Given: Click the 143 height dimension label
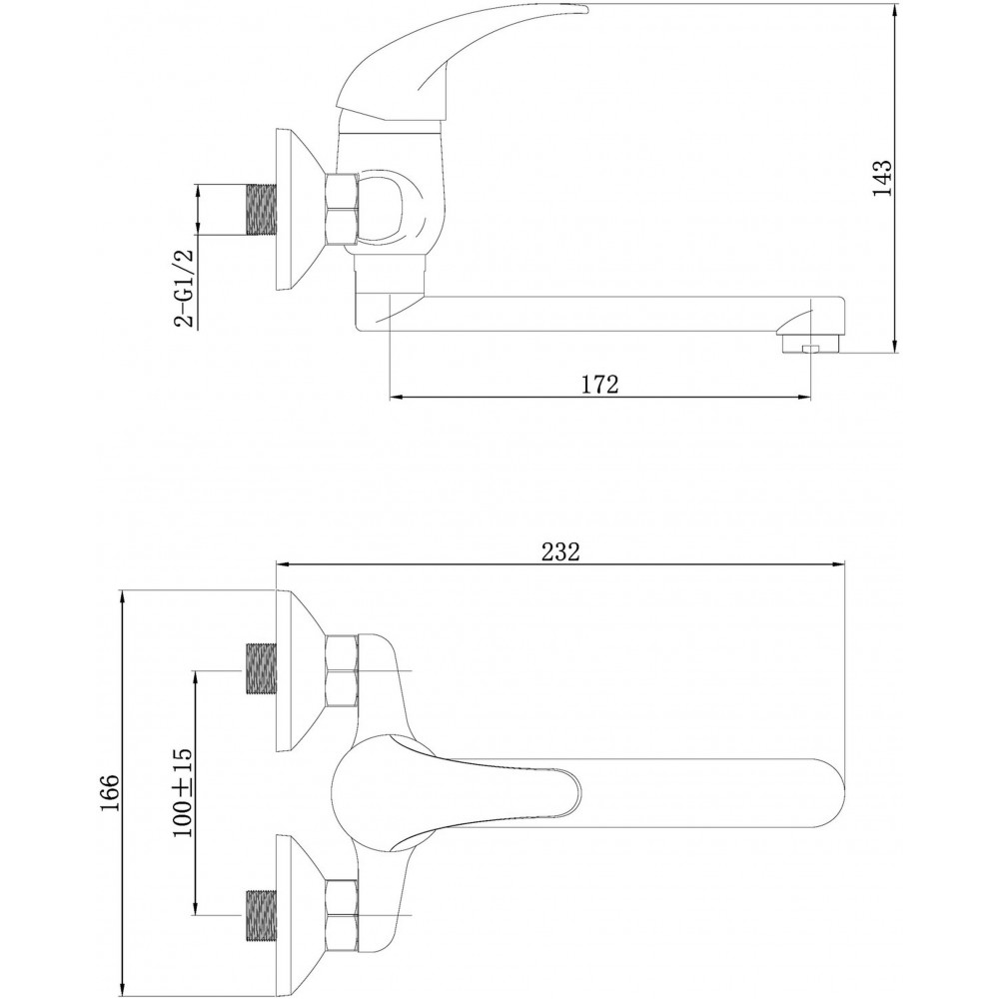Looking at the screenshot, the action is click(x=882, y=179).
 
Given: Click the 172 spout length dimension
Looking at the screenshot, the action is click(x=599, y=385).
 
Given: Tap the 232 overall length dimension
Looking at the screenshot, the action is click(x=560, y=551).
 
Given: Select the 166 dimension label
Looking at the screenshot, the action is click(x=110, y=793).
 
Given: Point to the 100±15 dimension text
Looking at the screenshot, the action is click(x=182, y=792).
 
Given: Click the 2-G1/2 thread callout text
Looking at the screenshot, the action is click(x=183, y=288).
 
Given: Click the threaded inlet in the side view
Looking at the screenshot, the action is click(x=260, y=210).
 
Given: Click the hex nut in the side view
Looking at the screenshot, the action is click(x=342, y=209).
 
